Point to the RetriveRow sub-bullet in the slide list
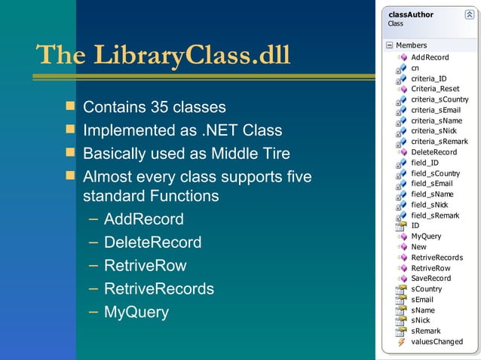coord(145,266)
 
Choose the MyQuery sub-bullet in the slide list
coord(136,312)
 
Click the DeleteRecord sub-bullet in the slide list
coord(152,243)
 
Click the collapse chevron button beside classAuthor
coord(469,14)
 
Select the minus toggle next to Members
coord(389,46)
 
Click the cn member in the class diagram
coord(415,68)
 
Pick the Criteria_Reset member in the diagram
coord(435,89)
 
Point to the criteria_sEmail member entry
coord(436,110)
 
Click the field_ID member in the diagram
coord(424,163)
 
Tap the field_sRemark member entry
coord(435,215)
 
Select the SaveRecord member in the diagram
coord(430,279)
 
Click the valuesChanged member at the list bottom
coord(437,342)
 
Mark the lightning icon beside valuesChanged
coord(401,342)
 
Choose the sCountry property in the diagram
coord(426,289)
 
